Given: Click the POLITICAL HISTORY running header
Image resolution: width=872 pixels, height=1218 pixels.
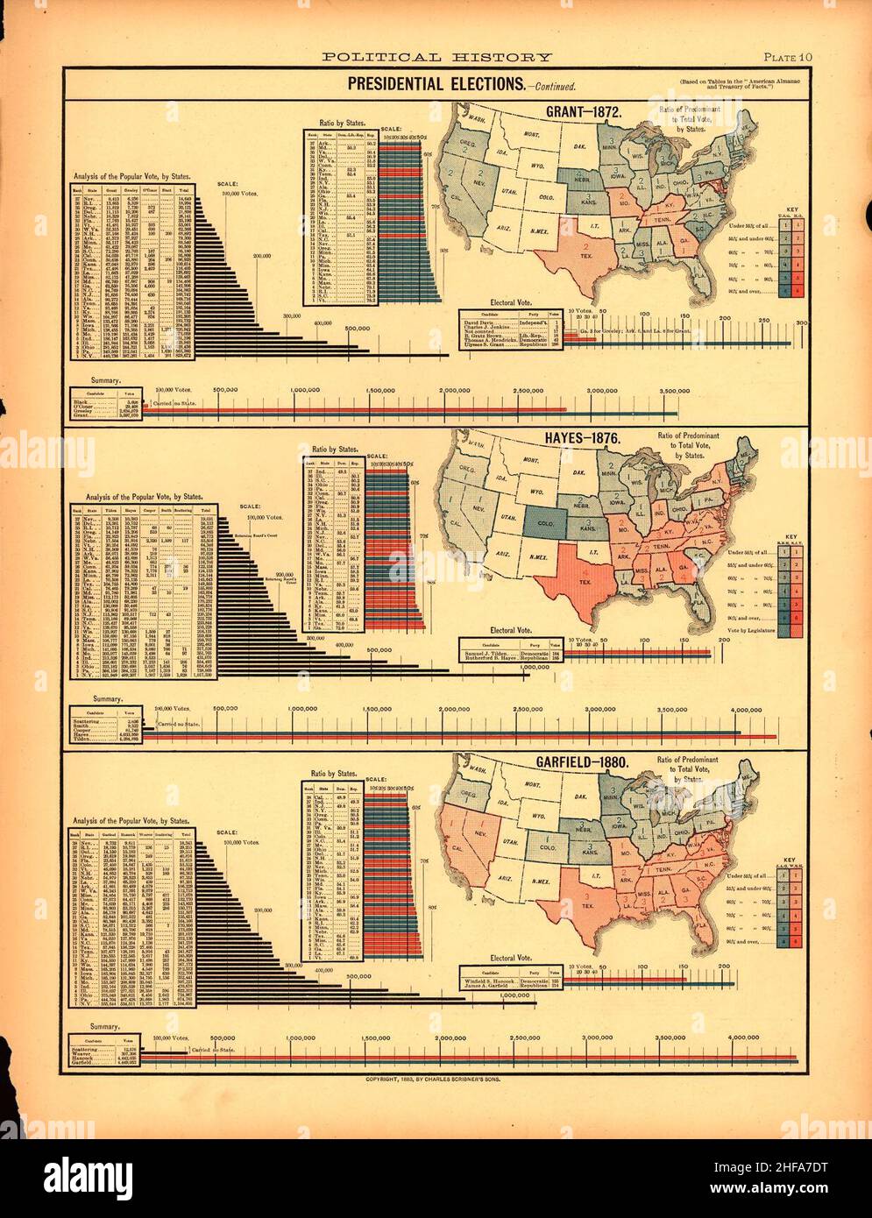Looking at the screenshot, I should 436,58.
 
